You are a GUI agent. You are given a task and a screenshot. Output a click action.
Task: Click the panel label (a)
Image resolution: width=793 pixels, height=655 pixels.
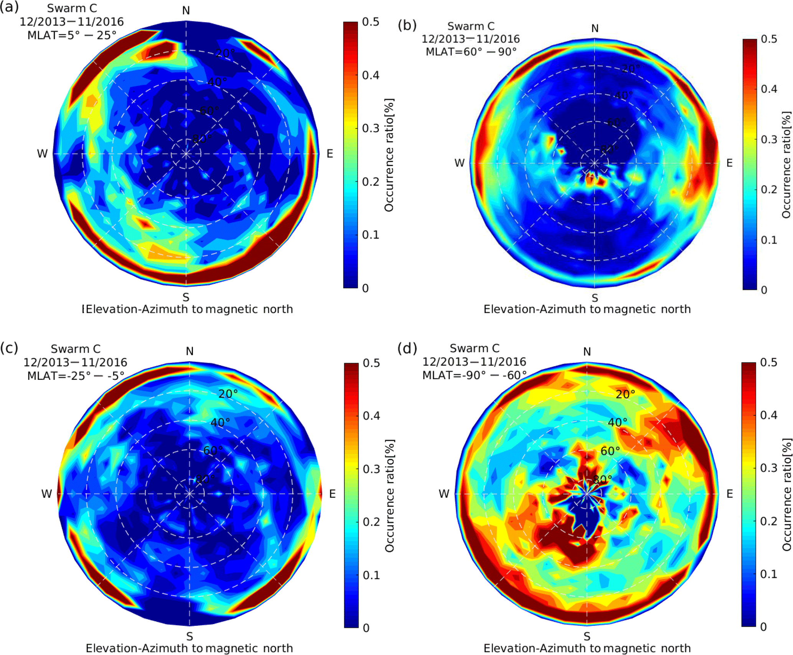[9, 7]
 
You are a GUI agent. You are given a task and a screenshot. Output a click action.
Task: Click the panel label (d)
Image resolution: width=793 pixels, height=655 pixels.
[407, 348]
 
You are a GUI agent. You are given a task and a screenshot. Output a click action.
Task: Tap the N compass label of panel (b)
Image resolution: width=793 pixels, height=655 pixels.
[595, 28]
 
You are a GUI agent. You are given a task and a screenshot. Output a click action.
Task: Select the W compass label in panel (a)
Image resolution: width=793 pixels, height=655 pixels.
[42, 154]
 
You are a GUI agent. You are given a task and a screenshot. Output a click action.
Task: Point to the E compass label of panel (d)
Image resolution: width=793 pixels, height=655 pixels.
[730, 494]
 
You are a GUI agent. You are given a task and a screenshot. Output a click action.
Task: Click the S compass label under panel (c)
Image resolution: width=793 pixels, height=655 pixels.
[190, 636]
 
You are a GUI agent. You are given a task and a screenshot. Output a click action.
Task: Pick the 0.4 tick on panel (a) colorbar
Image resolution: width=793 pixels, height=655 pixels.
[371, 75]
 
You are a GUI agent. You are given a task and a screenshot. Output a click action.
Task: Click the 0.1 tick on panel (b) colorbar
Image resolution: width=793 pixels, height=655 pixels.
[769, 240]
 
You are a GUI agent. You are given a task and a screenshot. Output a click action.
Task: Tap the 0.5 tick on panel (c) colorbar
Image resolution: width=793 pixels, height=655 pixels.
[371, 363]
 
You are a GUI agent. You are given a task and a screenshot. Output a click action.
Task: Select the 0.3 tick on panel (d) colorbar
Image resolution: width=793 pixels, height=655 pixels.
[769, 468]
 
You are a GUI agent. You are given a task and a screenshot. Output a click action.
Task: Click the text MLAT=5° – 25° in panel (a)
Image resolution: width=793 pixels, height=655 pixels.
[72, 35]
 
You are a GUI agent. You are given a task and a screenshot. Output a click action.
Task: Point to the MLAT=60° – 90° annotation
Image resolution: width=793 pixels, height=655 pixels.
[471, 52]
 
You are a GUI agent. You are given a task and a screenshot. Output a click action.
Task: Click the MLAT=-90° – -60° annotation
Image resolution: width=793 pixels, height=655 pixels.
[474, 375]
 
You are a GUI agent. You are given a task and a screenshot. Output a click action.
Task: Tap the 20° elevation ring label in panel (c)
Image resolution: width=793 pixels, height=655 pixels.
[228, 394]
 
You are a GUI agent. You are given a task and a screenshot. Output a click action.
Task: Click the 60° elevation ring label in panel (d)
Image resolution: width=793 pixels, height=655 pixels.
[610, 451]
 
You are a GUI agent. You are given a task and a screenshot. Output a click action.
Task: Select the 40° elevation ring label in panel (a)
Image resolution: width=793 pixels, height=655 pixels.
[217, 82]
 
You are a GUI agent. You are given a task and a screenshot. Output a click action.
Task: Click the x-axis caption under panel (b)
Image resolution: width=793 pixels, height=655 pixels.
[587, 309]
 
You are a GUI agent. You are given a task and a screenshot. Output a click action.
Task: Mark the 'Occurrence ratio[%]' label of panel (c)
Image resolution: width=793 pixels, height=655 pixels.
[389, 496]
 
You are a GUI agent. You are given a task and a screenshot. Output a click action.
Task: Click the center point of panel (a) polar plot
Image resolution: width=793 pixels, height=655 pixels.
[186, 154]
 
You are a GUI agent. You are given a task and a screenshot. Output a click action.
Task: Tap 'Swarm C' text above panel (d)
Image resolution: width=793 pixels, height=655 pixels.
[475, 348]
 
